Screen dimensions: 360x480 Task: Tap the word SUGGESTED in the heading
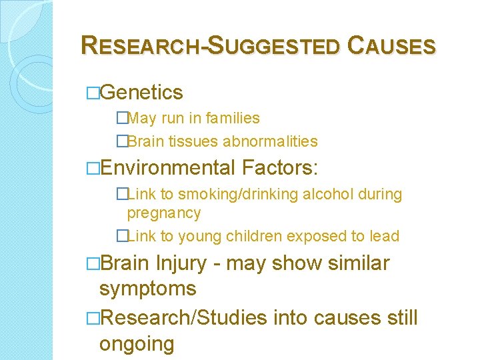[x=275, y=46]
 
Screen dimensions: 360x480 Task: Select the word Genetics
[x=143, y=92]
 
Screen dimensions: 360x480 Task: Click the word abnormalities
[x=270, y=141]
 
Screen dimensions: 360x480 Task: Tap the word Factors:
[x=281, y=167]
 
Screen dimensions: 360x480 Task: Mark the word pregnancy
[x=164, y=213]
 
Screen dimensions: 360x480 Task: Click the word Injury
[x=181, y=263]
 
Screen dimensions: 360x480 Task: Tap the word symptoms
[x=147, y=289]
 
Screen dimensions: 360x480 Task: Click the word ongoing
[x=136, y=344]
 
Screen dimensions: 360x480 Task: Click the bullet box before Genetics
[x=93, y=93]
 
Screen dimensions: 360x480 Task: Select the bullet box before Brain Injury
[x=93, y=264]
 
